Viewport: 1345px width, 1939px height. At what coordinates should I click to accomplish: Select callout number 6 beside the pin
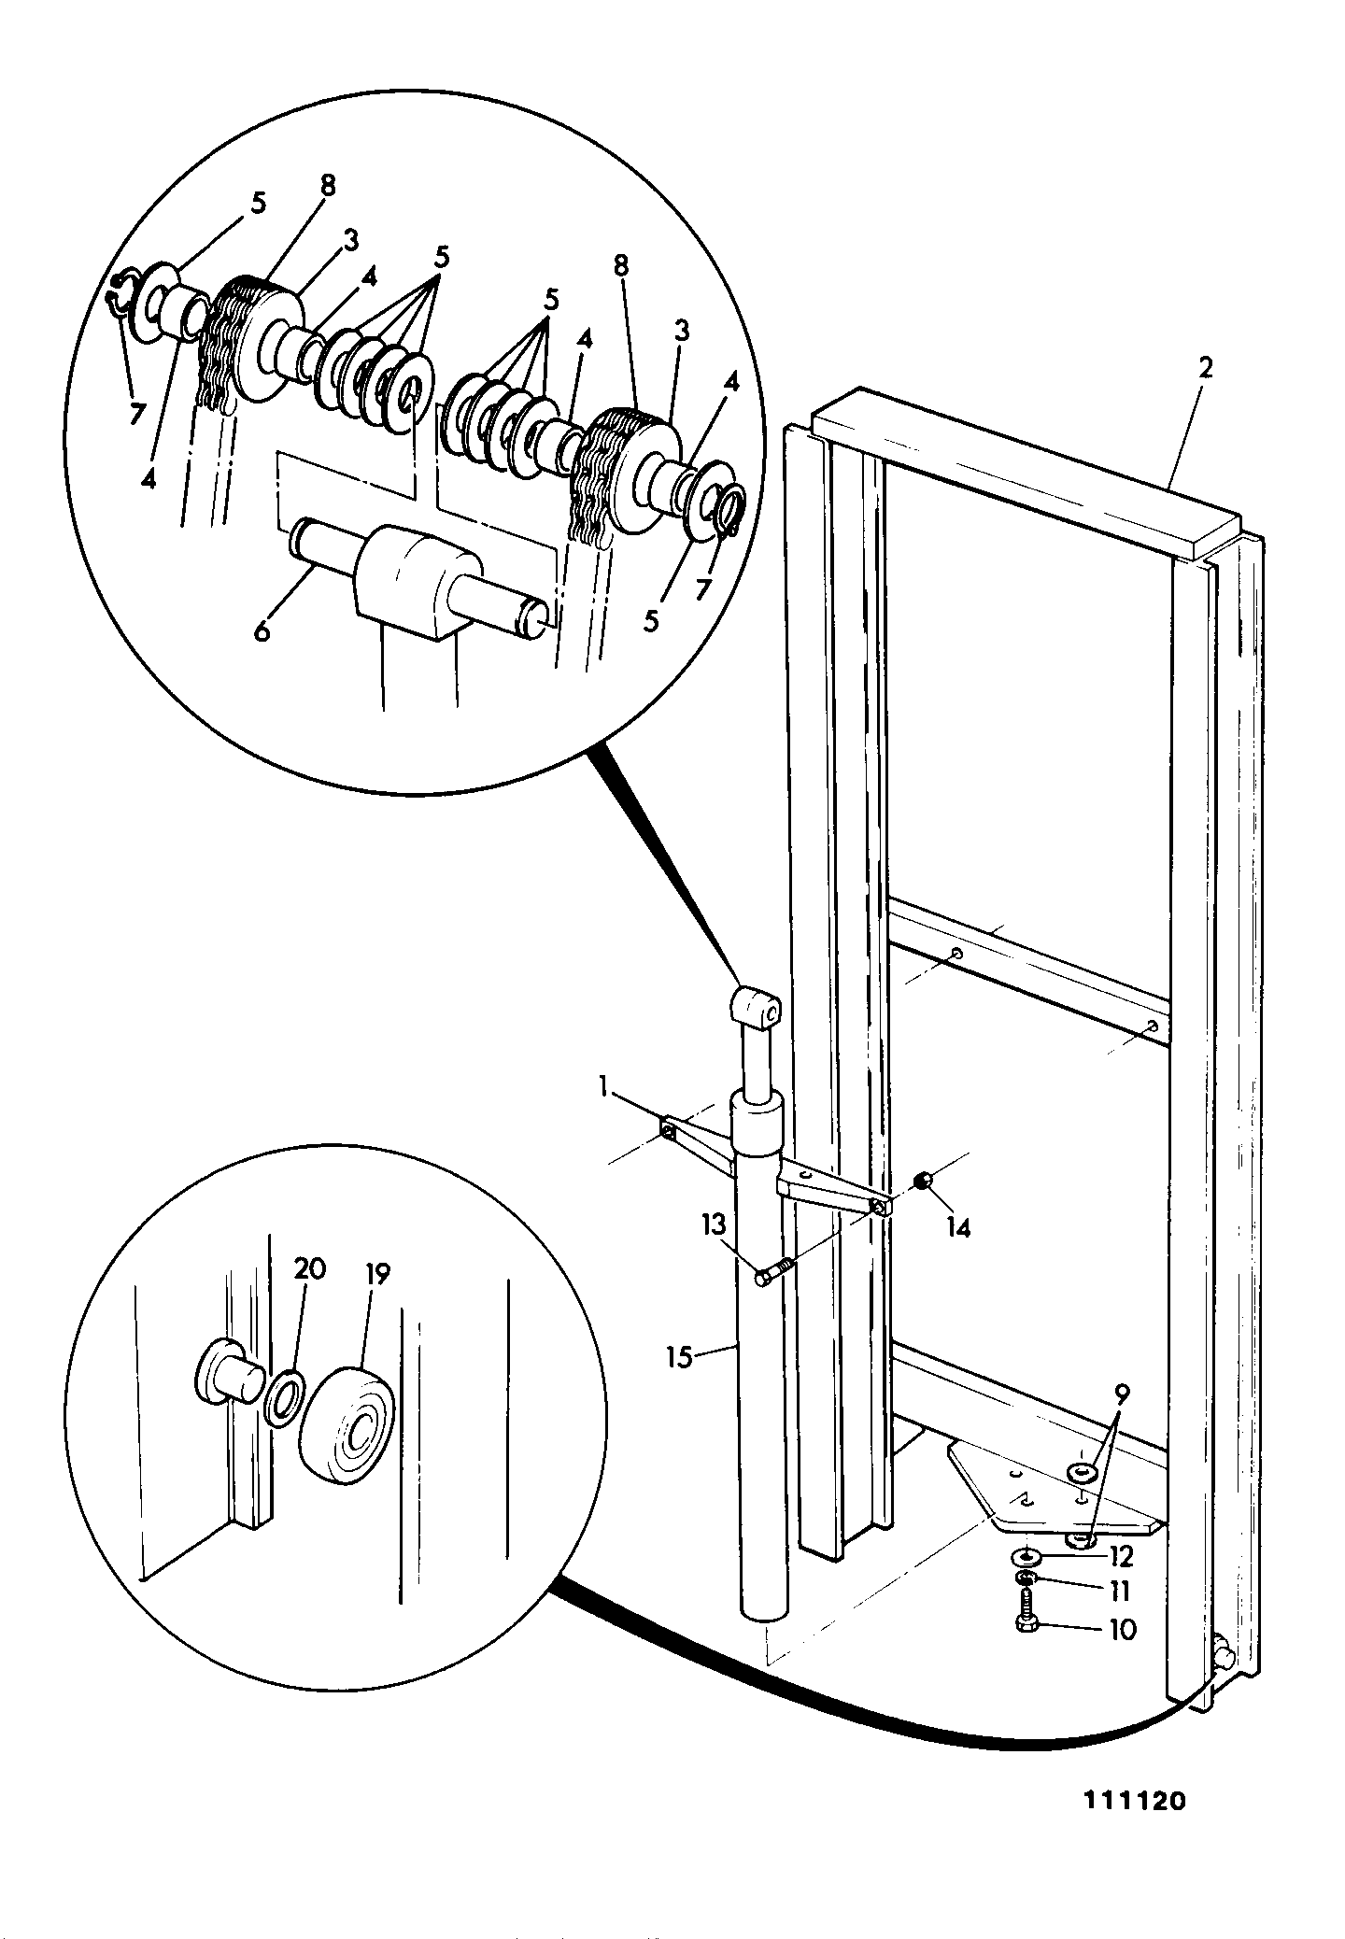[262, 631]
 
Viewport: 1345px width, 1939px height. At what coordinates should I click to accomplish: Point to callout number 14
[957, 1227]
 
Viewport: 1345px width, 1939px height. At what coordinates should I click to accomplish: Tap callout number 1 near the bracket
[603, 1086]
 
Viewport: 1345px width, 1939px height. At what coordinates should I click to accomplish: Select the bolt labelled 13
[774, 1271]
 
